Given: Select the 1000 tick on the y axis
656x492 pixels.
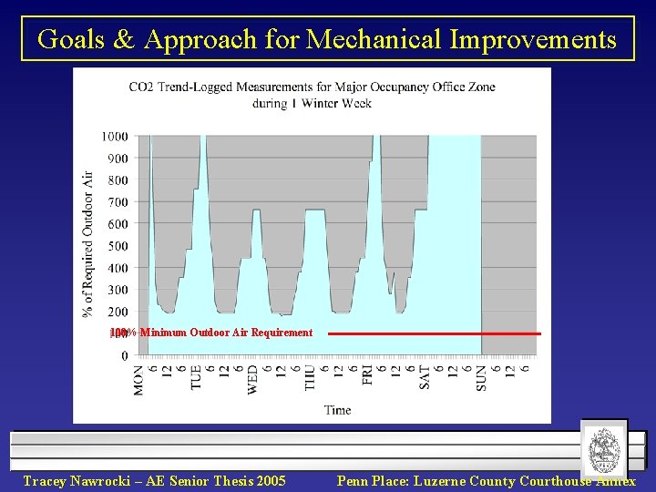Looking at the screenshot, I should (x=114, y=137).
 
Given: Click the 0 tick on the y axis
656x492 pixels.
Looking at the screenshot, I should (x=124, y=356).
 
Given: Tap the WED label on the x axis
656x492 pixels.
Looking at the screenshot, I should (x=253, y=380).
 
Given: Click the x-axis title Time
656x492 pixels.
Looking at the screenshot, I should (x=337, y=410).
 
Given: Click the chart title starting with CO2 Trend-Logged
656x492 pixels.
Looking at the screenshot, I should (x=313, y=95).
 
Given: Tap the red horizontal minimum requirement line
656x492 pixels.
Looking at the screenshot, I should (x=434, y=333).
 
